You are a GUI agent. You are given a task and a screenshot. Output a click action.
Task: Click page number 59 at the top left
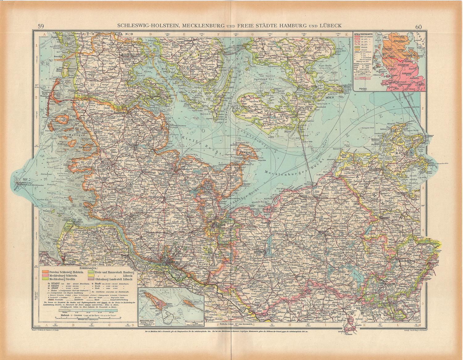(40, 26)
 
